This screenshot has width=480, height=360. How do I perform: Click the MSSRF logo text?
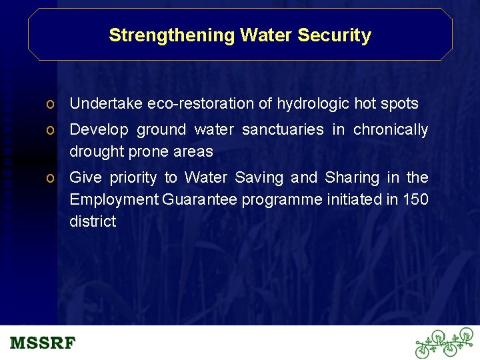43,343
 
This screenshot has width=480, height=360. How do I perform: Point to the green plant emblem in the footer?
443,343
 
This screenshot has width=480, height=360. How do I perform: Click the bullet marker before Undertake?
50,104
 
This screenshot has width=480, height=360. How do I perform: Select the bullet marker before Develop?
50,130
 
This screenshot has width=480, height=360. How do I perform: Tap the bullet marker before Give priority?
50,178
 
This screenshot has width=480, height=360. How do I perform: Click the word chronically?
391,129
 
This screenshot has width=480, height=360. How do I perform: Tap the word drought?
93,151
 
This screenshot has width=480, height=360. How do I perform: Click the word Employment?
114,199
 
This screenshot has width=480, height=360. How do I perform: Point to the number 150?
415,199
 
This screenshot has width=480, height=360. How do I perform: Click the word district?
93,221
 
